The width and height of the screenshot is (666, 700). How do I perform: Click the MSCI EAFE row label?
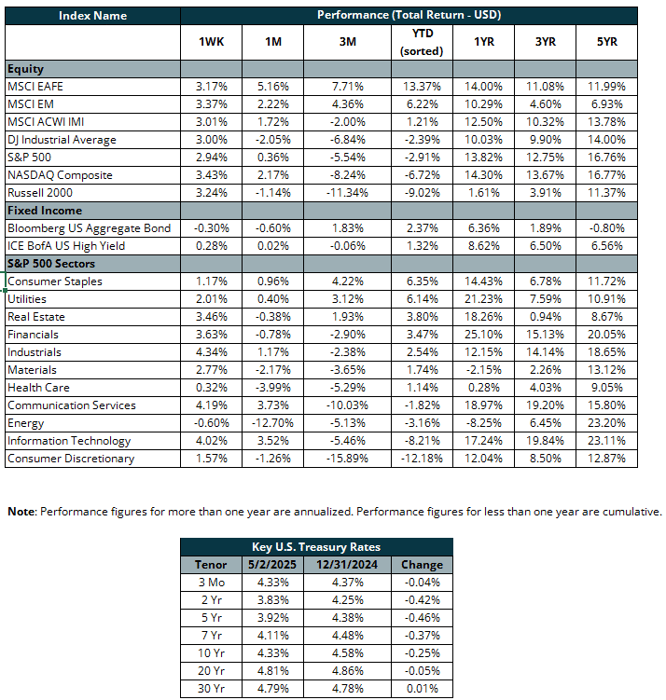pyautogui.click(x=35, y=86)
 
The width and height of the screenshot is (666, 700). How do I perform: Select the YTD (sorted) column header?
pyautogui.click(x=422, y=42)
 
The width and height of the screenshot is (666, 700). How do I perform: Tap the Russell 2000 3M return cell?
pyautogui.click(x=347, y=193)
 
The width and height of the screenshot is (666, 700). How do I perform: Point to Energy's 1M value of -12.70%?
pyautogui.click(x=272, y=423)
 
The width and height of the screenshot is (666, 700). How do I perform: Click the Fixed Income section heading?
pyautogui.click(x=45, y=211)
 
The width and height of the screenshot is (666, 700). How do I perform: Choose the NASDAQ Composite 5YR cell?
pyautogui.click(x=606, y=175)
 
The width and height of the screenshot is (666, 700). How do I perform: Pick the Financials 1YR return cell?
pyautogui.click(x=483, y=335)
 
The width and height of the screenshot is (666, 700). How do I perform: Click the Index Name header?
pyautogui.click(x=92, y=16)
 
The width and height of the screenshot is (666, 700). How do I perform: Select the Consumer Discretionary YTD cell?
pyautogui.click(x=422, y=459)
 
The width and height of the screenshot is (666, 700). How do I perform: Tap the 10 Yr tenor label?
pyautogui.click(x=211, y=653)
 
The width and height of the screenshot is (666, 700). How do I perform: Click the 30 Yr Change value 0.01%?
pyautogui.click(x=422, y=689)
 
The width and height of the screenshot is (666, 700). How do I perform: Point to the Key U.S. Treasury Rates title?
pyautogui.click(x=316, y=547)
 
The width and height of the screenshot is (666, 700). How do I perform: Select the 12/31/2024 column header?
pyautogui.click(x=347, y=565)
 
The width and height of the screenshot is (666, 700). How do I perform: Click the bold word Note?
pyautogui.click(x=21, y=512)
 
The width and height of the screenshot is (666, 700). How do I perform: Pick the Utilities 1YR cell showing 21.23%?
pyautogui.click(x=483, y=299)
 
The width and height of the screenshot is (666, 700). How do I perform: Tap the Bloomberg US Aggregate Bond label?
pyautogui.click(x=89, y=228)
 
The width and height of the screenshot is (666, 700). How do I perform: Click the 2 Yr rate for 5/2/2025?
pyautogui.click(x=272, y=600)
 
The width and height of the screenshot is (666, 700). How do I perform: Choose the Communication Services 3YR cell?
pyautogui.click(x=545, y=405)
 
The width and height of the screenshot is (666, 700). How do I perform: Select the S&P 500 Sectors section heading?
pyautogui.click(x=51, y=264)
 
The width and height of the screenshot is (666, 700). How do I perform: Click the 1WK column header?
pyautogui.click(x=211, y=42)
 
